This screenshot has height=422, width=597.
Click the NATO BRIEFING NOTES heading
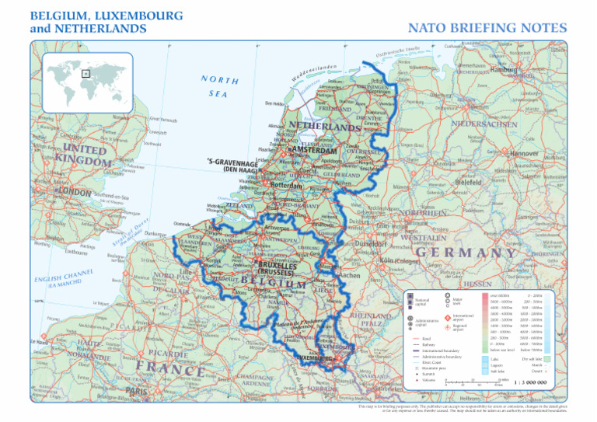pyautogui.click(x=488, y=27)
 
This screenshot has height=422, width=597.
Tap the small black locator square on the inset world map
pyautogui.click(x=86, y=74)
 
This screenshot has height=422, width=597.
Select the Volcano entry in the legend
pyautogui.click(x=431, y=380)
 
